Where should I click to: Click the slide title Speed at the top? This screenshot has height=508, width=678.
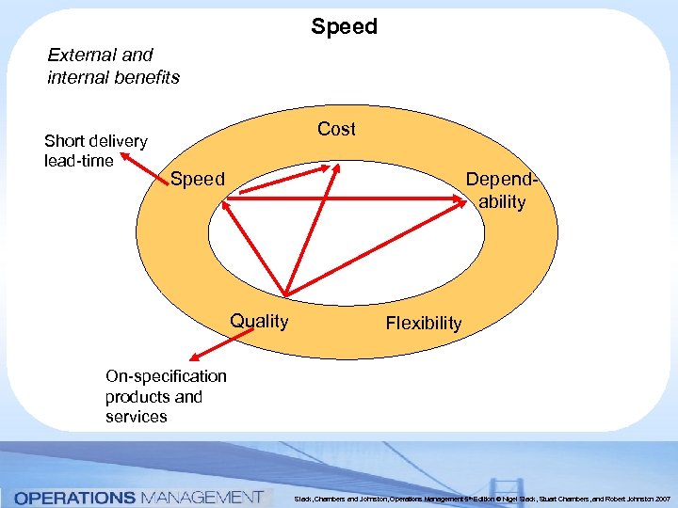[344, 26]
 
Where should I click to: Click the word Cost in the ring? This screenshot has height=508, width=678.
[336, 129]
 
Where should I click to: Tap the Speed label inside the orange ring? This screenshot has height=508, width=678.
[198, 179]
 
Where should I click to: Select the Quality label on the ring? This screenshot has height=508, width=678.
[260, 321]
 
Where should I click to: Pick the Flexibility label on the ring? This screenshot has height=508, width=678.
[424, 323]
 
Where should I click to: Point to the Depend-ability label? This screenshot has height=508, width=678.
[500, 190]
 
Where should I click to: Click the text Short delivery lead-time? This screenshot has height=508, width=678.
[95, 151]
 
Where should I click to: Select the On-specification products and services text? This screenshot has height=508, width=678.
[166, 396]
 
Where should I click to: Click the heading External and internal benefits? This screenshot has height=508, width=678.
[113, 66]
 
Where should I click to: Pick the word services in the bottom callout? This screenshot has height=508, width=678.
[137, 417]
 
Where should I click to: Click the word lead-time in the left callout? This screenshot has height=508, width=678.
[78, 161]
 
